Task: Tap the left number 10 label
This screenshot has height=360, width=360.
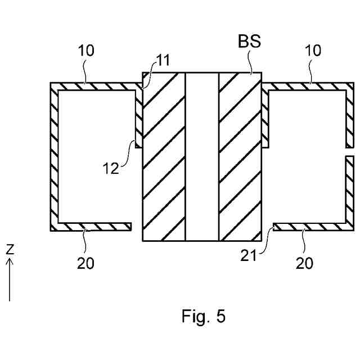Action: coord(87,51)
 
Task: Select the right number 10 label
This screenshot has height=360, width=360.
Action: coord(313,51)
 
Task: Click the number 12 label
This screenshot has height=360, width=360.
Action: coord(110,168)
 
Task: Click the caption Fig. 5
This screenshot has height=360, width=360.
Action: coord(203,316)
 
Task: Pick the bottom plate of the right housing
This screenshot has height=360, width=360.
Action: coord(309,226)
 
